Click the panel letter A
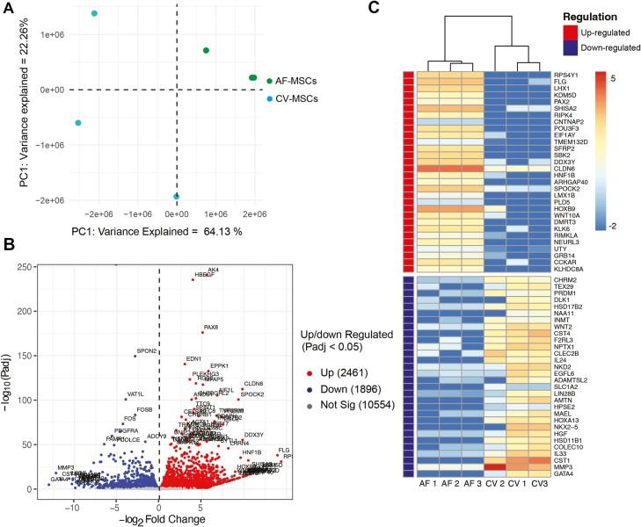pyautogui.click(x=9, y=8)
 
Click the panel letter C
pyautogui.click(x=373, y=8)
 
